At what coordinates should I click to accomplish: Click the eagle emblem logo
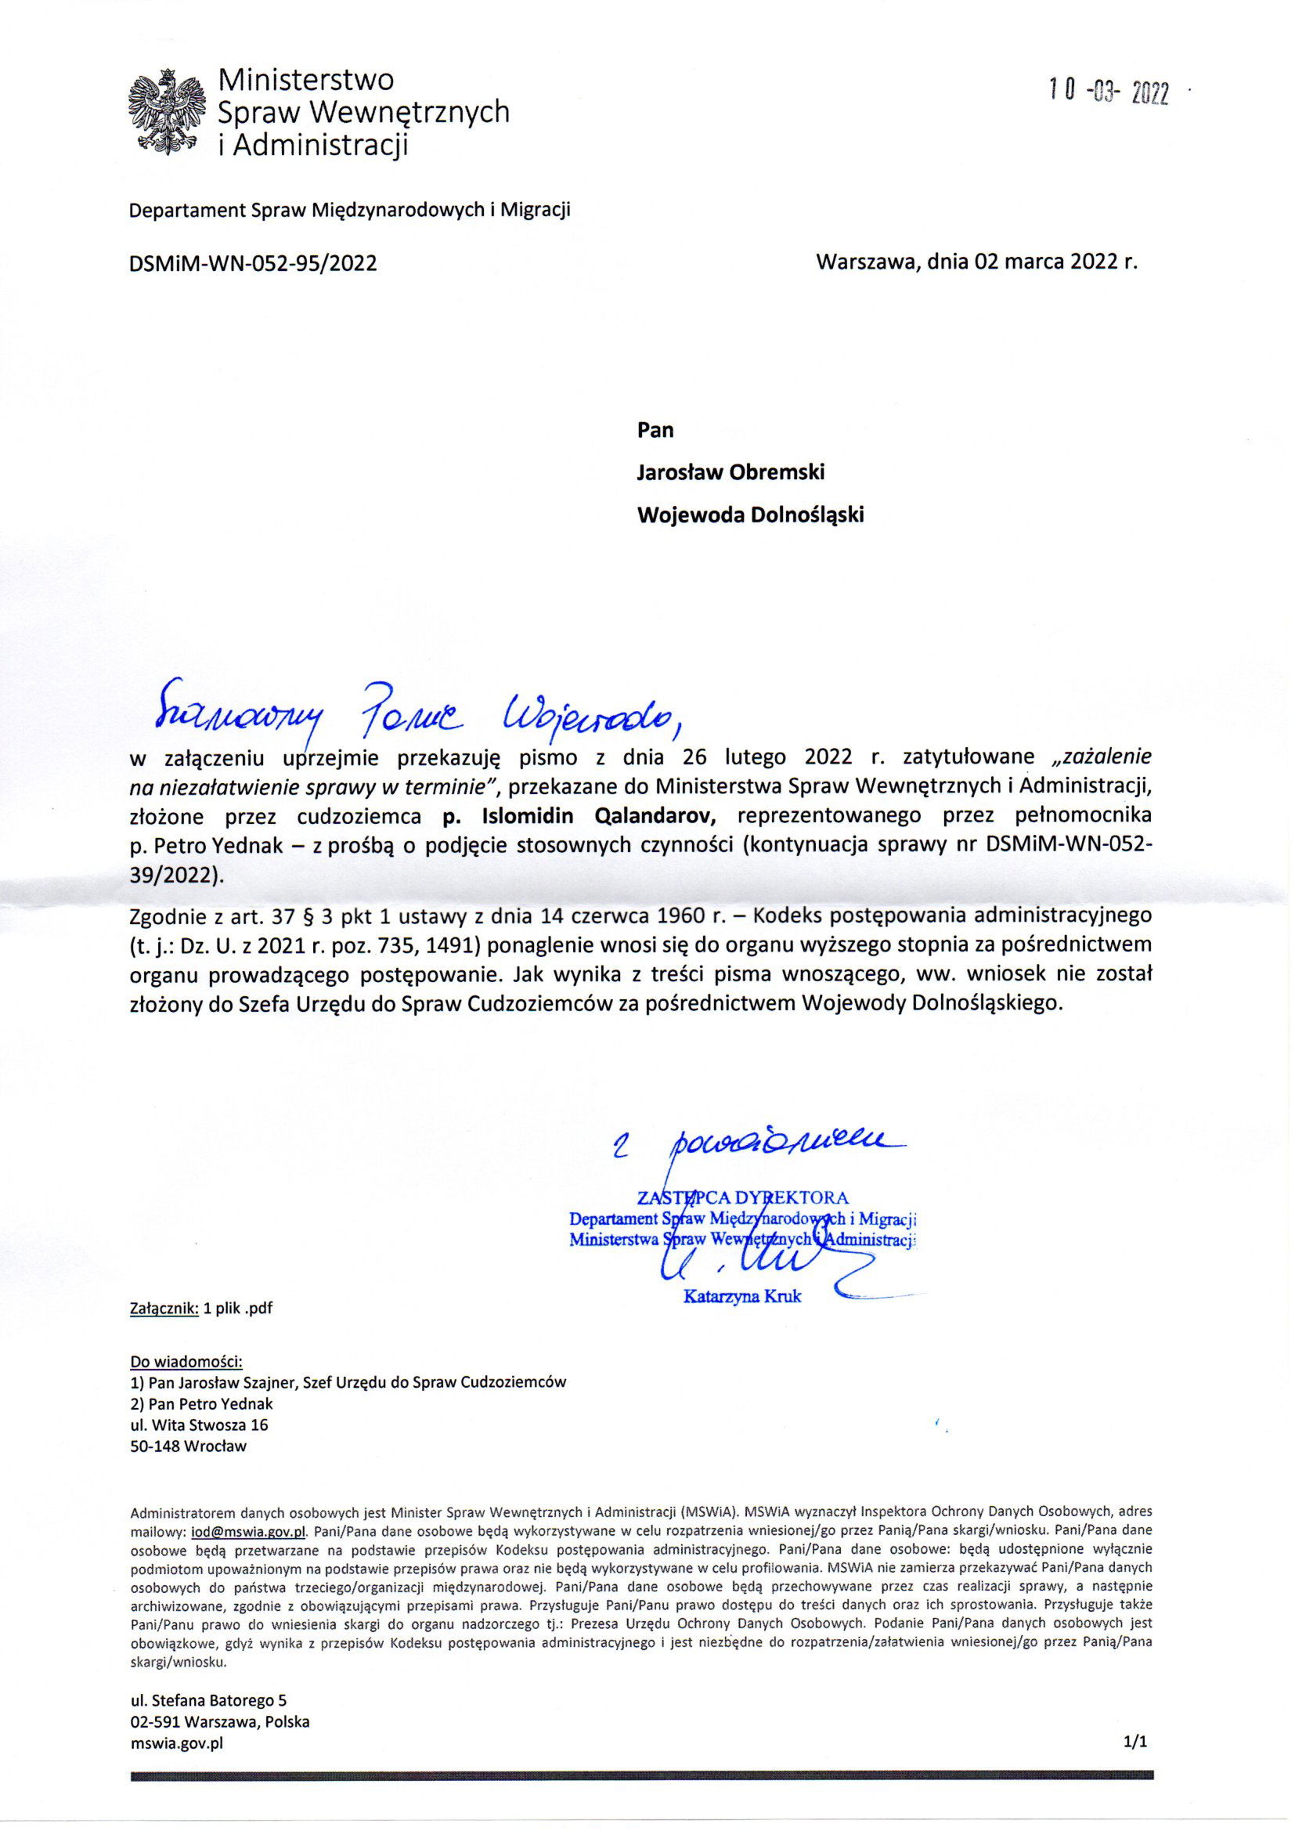pyautogui.click(x=167, y=111)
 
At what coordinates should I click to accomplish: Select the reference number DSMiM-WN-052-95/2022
pyautogui.click(x=253, y=263)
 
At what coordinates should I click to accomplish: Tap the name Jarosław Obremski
pyautogui.click(x=730, y=472)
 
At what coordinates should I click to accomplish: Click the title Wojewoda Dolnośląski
pyautogui.click(x=749, y=515)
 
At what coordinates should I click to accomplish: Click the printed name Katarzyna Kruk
pyautogui.click(x=742, y=1297)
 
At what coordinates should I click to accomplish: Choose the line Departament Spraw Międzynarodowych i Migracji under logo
pyautogui.click(x=349, y=211)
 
